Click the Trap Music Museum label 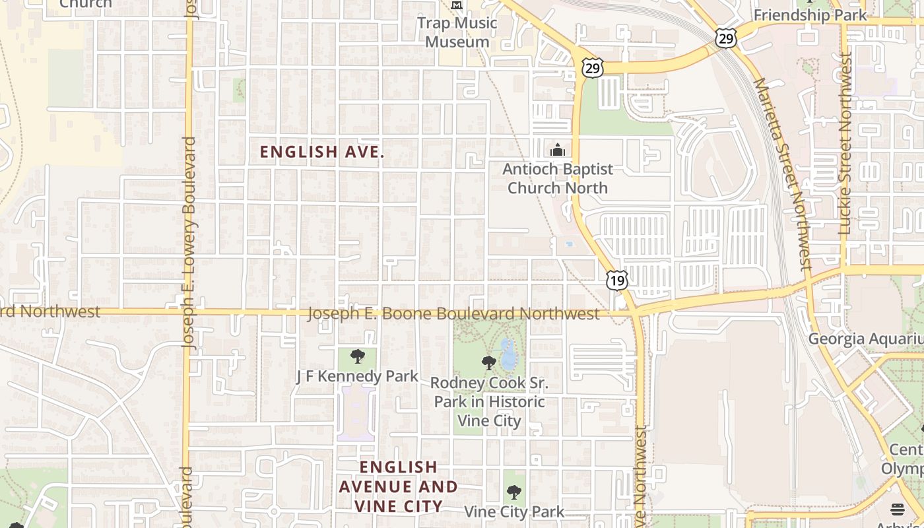point(457,32)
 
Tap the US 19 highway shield point(616,280)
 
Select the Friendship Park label point(810,15)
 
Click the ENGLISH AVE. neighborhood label point(321,152)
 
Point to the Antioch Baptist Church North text point(558,178)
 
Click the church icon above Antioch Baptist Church point(558,150)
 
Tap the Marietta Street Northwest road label point(783,174)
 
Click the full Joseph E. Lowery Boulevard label point(189,242)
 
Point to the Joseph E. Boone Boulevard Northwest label point(453,313)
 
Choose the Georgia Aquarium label point(865,339)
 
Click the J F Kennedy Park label point(357,376)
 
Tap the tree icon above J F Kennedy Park point(357,356)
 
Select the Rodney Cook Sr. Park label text point(489,401)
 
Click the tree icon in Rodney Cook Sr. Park point(488,362)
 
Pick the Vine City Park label point(514,511)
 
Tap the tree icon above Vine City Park point(514,492)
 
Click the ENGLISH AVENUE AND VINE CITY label point(399,487)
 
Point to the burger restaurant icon point(897,509)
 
